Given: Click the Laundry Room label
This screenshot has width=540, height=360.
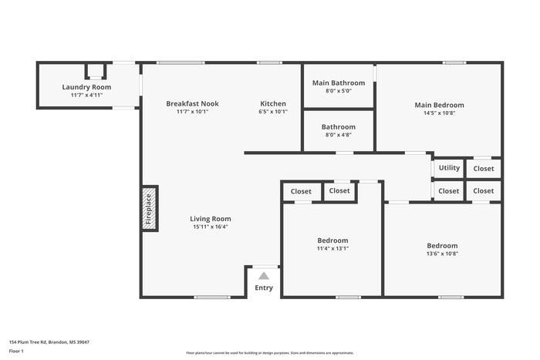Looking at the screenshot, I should tap(86, 87).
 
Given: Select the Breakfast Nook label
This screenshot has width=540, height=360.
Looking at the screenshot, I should tap(192, 103).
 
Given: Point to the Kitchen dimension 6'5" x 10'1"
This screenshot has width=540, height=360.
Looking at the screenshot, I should tap(273, 112).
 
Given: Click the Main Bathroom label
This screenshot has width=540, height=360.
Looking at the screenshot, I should tap(338, 82).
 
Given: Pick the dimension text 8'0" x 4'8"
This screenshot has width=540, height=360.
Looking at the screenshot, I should tap(338, 135).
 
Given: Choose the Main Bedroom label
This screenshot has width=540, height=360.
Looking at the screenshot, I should tap(439, 105).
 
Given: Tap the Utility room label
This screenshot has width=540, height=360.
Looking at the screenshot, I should tap(449, 168).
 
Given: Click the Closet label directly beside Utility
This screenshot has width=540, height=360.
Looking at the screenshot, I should tap(484, 168).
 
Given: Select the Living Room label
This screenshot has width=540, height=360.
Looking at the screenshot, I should tap(211, 219).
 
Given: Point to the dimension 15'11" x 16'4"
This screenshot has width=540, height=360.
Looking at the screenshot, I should tap(211, 227).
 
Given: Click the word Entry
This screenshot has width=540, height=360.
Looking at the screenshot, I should tap(264, 288).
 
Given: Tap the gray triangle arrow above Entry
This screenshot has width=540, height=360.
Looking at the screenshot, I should tap(264, 275).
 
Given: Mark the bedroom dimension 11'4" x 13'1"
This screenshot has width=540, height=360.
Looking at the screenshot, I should tap(332, 248).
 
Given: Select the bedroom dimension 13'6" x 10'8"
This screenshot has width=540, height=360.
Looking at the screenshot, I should tap(442, 254).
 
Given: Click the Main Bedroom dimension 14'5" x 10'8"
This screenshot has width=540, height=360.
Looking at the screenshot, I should tap(439, 113).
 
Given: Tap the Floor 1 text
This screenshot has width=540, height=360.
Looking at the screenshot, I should tap(16, 351).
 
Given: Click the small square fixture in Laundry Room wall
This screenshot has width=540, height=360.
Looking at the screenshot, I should tap(94, 72).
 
